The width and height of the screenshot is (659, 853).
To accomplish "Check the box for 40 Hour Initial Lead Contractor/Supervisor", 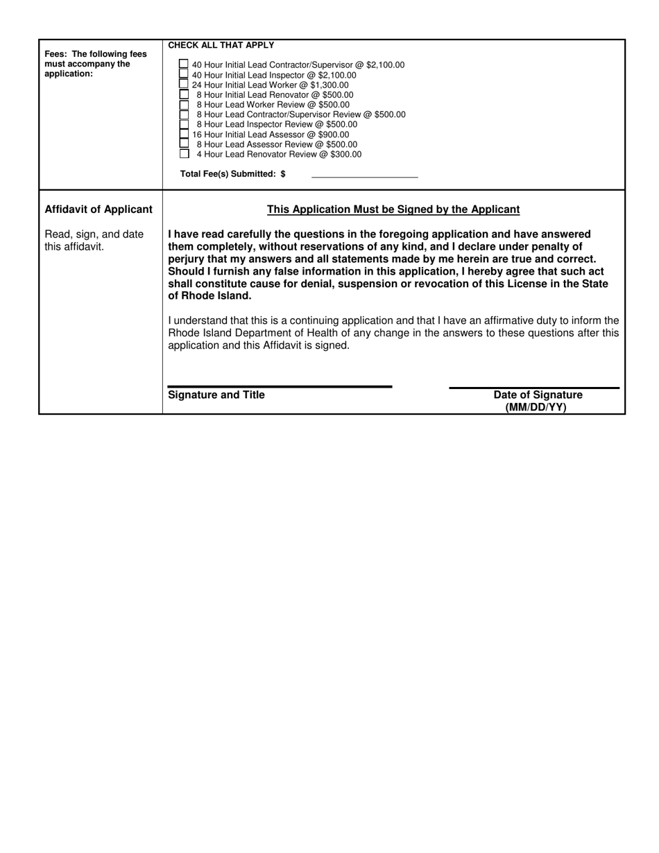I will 184,64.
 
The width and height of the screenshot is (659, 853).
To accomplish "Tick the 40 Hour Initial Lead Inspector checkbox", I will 184,74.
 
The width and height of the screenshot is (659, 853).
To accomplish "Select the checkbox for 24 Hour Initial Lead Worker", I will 184,84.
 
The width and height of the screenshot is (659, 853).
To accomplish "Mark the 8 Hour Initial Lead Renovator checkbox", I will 184,94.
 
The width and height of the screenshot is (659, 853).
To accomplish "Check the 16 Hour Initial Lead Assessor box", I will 184,134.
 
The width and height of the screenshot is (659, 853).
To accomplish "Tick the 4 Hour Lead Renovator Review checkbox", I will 184,154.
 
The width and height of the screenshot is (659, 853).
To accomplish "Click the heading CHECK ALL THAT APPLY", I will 221,46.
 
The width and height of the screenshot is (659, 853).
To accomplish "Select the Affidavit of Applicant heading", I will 99,209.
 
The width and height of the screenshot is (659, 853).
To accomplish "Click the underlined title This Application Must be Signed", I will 393,209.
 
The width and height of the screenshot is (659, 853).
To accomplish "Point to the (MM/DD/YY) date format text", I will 536,408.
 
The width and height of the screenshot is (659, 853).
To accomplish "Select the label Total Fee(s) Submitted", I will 232,174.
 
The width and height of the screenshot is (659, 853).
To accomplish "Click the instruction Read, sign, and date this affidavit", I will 94,241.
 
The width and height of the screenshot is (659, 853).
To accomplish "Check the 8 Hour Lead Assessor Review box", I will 184,144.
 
